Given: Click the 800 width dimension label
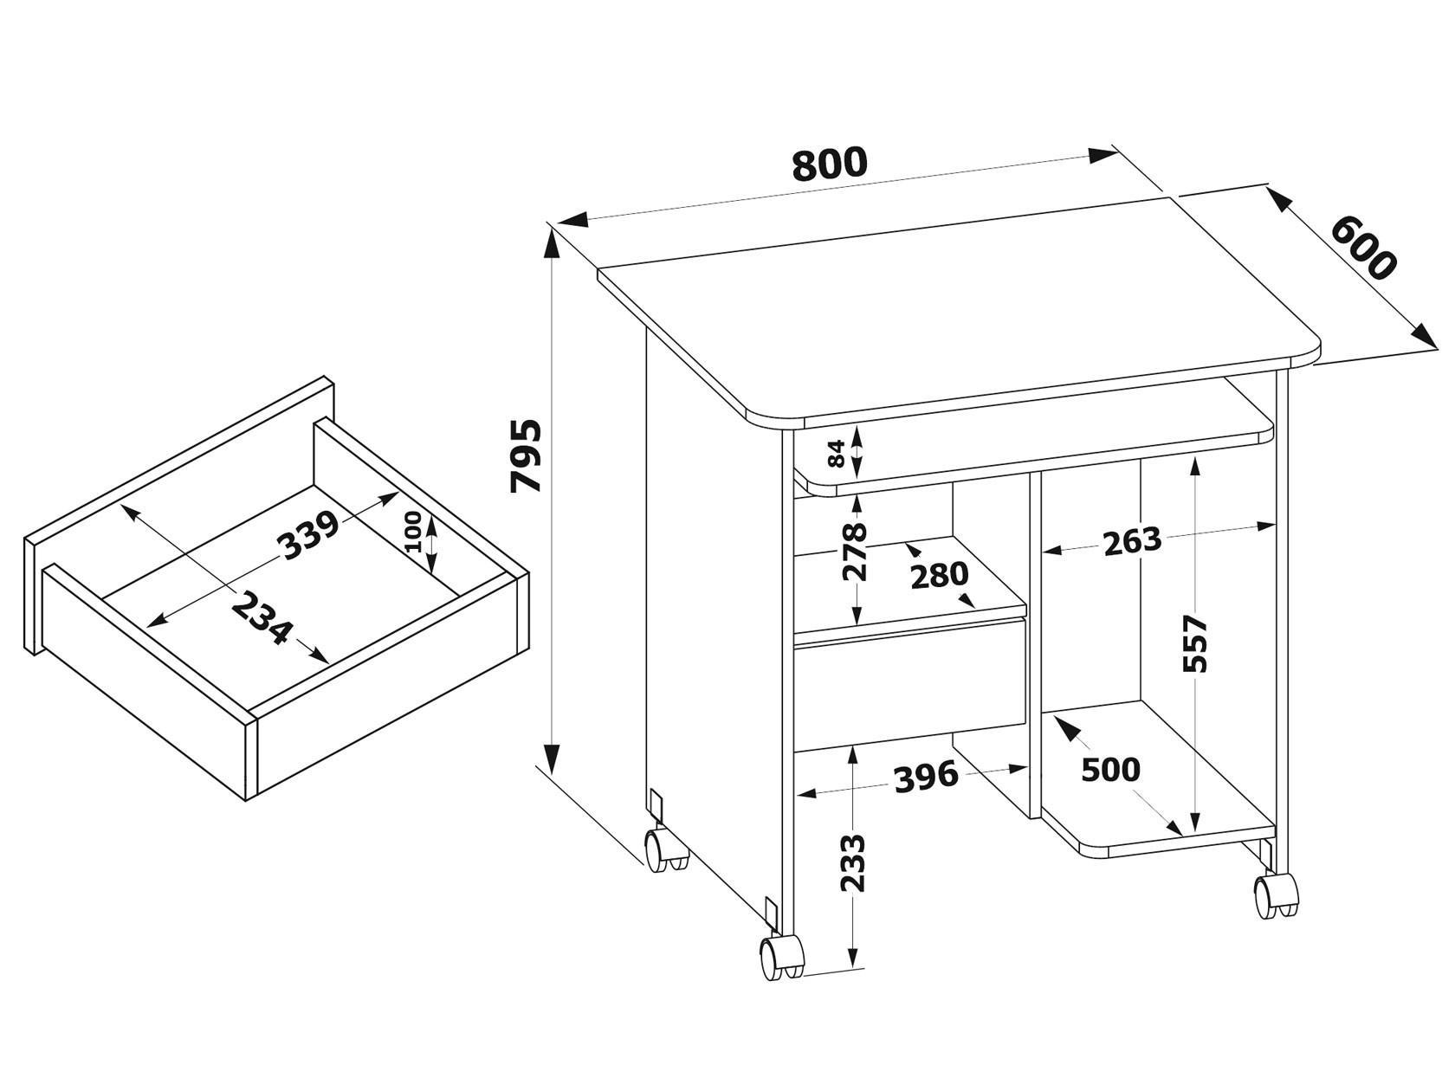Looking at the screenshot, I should tap(829, 164).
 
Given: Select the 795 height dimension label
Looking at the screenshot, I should tap(526, 455).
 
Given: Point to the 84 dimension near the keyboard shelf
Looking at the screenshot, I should tap(837, 453).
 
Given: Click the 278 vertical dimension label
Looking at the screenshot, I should tap(856, 551).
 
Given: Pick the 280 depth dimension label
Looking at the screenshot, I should tap(939, 575).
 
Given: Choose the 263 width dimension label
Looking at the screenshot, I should tap(1131, 541).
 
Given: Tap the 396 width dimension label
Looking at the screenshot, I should tap(925, 777).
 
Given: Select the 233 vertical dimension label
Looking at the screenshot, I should tap(853, 862).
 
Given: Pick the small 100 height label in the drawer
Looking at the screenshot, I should tap(413, 533).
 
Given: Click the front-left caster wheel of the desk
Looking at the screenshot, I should tap(781, 956).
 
